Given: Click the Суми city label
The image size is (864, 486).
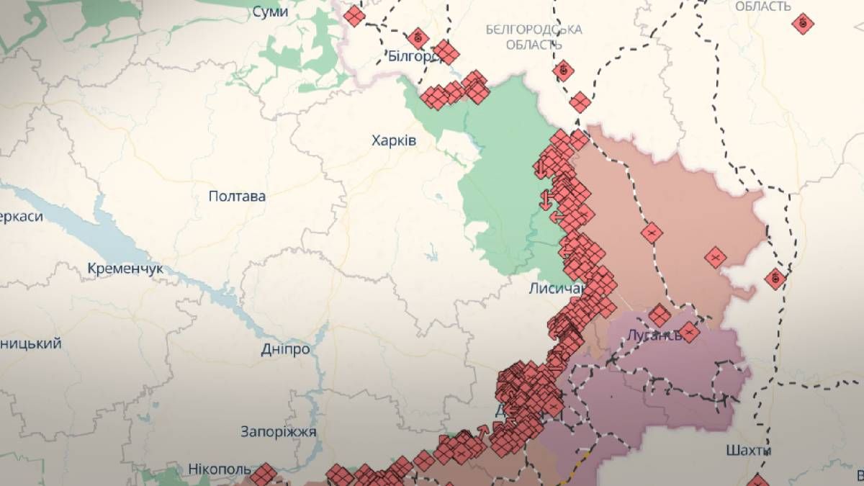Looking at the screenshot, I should (x=270, y=12).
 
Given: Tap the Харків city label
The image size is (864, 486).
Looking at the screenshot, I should (x=393, y=140).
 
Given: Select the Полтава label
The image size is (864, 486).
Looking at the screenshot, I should (x=237, y=196).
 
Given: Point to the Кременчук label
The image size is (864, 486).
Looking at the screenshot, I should (x=125, y=269).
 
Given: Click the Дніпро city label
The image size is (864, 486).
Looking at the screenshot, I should (x=285, y=349).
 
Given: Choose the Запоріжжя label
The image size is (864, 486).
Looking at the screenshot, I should (x=279, y=431).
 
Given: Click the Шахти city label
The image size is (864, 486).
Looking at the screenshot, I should (x=749, y=451).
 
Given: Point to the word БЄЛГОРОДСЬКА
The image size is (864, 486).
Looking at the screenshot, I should (x=534, y=30).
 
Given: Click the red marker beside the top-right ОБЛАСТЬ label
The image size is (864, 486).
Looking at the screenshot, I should (x=803, y=24).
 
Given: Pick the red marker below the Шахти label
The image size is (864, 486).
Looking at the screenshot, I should (x=757, y=480).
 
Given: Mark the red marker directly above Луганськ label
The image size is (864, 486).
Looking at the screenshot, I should (x=659, y=315).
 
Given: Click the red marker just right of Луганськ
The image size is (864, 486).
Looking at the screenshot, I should (x=689, y=332).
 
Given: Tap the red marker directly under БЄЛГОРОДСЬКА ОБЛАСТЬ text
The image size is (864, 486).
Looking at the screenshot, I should (x=564, y=70).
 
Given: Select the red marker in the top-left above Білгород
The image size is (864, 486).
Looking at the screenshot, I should (x=354, y=16).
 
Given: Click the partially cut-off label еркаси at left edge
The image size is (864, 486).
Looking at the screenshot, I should (x=22, y=216).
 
